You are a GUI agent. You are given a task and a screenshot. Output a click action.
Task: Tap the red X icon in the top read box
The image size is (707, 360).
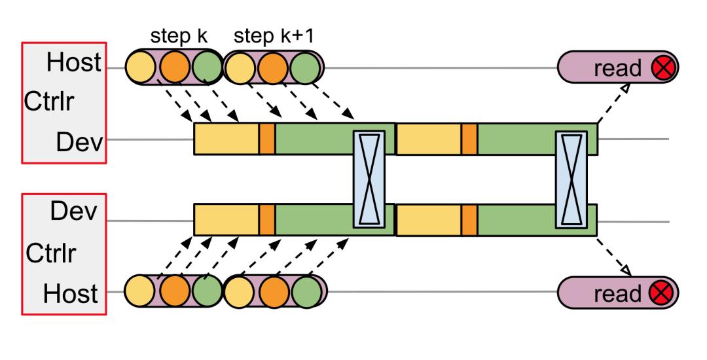click(664, 68)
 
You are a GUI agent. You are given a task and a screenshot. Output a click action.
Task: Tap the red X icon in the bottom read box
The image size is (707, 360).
click(664, 292)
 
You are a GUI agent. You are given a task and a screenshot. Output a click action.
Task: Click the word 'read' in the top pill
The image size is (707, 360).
click(618, 68)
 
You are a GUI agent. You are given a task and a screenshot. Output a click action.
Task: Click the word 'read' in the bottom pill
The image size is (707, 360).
click(618, 292)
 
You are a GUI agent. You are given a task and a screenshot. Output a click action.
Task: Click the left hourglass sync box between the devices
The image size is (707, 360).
click(370, 179)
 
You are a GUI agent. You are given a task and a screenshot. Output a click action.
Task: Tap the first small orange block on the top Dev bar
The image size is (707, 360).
click(266, 139)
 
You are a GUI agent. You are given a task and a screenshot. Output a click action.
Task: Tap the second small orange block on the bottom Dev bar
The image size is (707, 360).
click(469, 220)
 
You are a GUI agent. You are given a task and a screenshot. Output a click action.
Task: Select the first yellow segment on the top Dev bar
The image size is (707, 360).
click(227, 139)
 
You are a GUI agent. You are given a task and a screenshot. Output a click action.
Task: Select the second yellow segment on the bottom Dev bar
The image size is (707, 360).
click(429, 220)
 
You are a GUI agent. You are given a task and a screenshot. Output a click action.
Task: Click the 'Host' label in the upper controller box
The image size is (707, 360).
click(73, 63)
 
